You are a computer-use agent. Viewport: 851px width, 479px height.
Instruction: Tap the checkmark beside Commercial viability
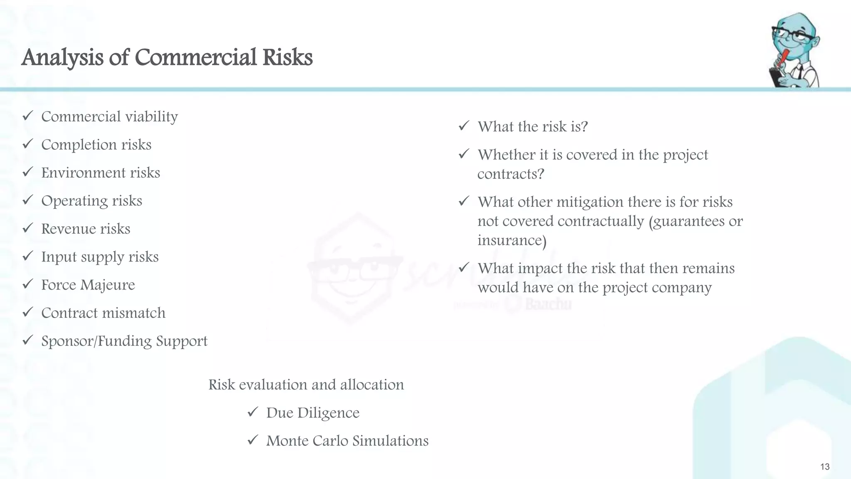point(28,116)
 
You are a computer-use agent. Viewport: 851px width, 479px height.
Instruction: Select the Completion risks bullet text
point(96,145)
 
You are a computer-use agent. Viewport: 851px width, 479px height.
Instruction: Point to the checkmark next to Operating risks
point(28,200)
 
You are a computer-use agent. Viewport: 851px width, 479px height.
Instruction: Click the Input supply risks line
point(100,257)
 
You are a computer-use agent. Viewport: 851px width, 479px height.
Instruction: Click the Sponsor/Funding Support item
point(124,341)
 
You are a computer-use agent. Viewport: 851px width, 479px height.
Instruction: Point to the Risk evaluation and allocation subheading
point(306,385)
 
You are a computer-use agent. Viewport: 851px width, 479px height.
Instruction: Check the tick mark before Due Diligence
point(253,412)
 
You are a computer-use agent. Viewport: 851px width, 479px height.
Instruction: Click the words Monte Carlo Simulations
point(347,441)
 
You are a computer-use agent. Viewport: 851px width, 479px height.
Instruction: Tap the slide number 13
point(825,467)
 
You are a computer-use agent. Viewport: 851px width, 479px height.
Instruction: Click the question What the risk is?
point(533,127)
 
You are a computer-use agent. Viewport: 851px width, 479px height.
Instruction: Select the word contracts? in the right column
point(511,174)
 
